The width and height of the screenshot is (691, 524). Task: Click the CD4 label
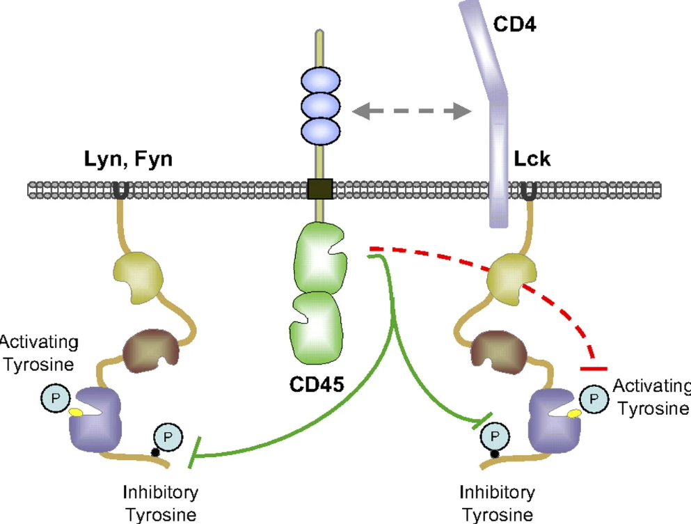[518, 26]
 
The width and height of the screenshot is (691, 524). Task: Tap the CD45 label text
[316, 383]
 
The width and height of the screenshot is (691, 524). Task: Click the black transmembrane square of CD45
[319, 188]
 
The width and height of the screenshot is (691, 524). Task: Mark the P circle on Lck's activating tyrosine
[593, 398]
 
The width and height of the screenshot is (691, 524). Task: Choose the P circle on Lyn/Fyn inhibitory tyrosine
[167, 436]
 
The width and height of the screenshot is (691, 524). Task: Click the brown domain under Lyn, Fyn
[149, 348]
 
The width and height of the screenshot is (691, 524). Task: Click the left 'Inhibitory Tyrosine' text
[160, 503]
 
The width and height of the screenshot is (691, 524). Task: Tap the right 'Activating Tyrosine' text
[650, 397]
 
